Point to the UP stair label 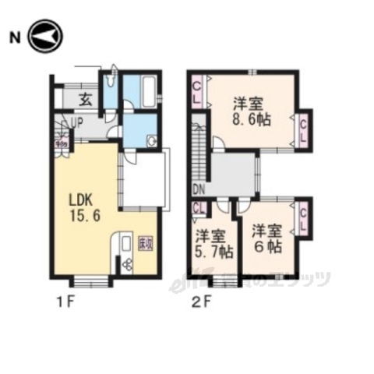77,123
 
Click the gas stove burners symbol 126,265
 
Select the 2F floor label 200,301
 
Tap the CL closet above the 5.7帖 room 199,209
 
